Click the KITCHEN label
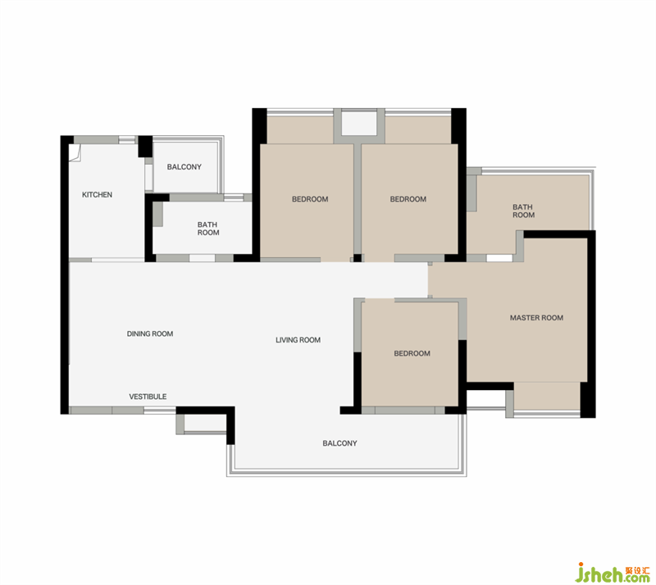(97, 194)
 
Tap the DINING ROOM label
(150, 333)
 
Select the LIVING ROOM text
(298, 340)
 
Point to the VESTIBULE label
(148, 397)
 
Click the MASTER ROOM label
(536, 318)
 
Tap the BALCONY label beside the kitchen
(184, 167)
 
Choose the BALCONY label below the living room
(339, 443)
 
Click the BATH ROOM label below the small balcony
(208, 229)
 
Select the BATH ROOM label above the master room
(523, 211)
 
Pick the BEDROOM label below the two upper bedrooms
(412, 353)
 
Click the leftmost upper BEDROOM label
(310, 199)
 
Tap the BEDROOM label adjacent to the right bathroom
(408, 199)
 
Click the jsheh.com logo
(613, 572)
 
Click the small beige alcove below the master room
(547, 396)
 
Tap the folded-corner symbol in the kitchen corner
(75, 152)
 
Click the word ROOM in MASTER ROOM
(552, 318)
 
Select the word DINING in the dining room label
(137, 333)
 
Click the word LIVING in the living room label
(285, 340)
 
